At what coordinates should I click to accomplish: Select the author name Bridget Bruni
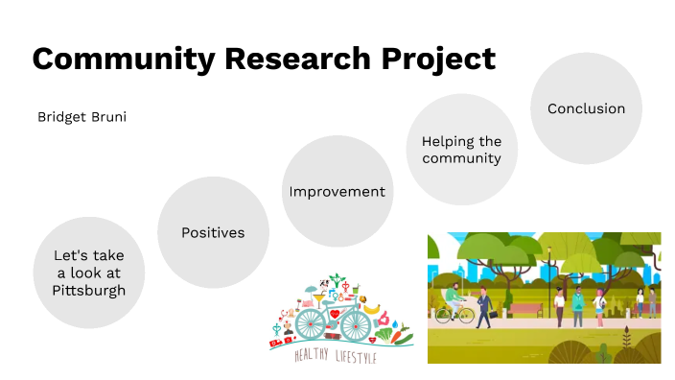click(81, 117)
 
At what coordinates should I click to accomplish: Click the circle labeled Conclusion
click(586, 108)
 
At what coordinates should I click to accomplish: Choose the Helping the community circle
click(461, 150)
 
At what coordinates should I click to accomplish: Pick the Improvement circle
click(337, 191)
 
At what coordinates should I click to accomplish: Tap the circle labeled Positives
click(213, 232)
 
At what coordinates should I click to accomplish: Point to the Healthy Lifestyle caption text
click(336, 357)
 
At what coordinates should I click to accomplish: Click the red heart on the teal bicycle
click(336, 315)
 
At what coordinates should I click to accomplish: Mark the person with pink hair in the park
click(599, 303)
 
